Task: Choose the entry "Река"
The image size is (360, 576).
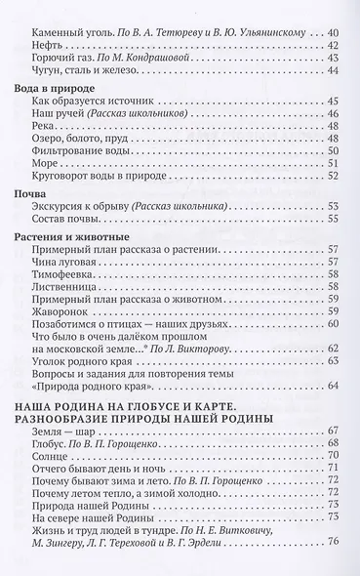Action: [45, 116]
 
